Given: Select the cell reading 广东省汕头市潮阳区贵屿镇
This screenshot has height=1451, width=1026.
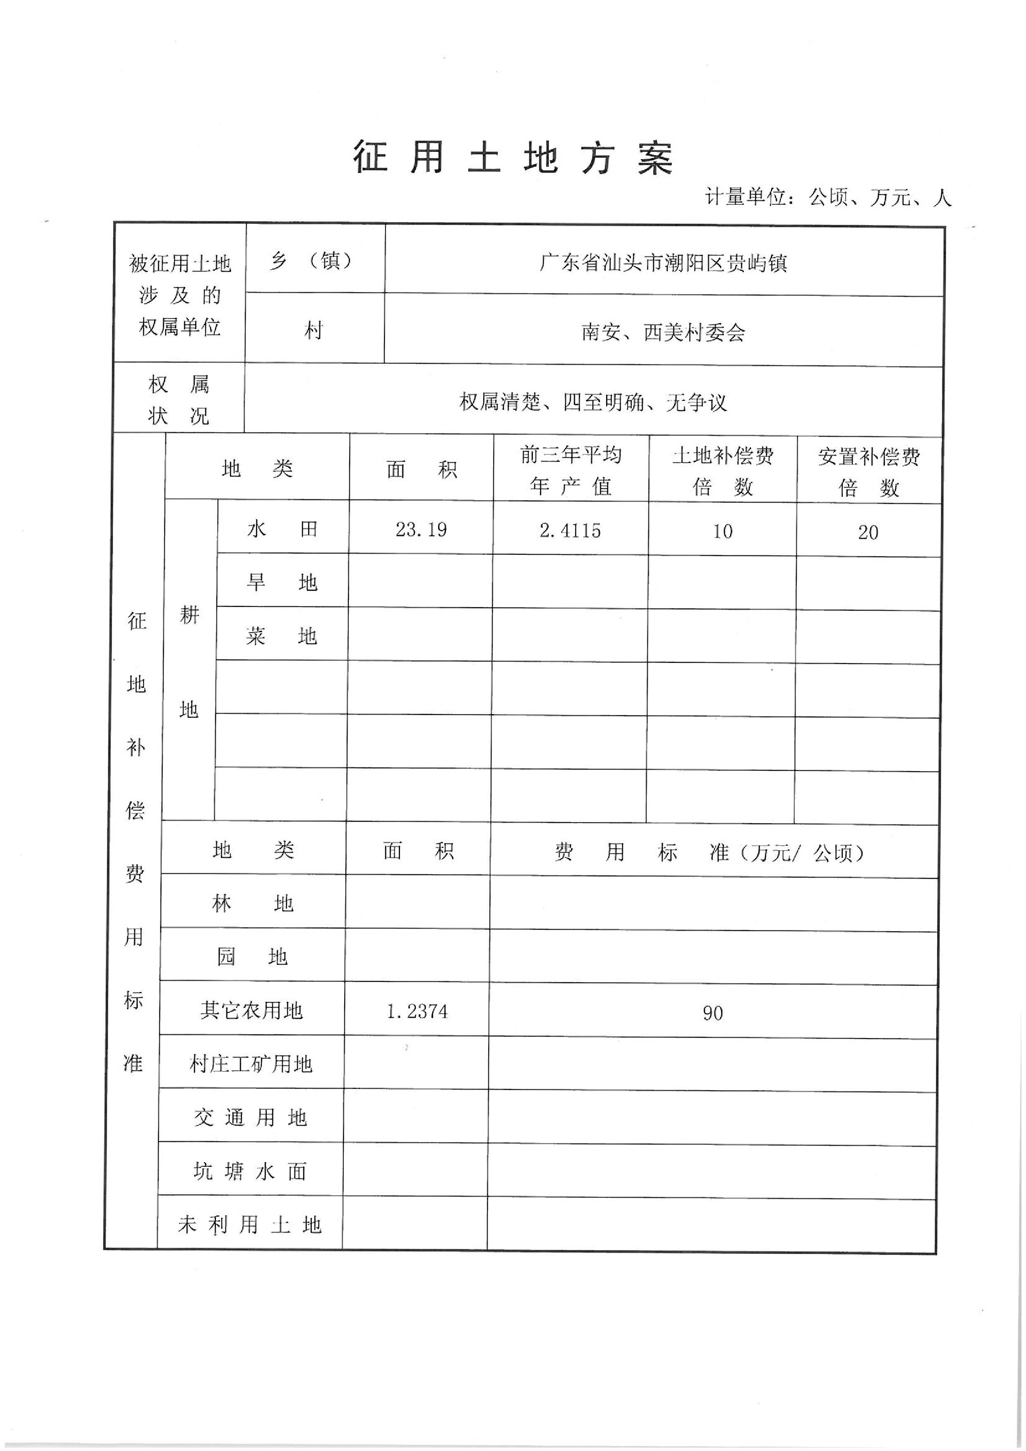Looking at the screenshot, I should tap(663, 262).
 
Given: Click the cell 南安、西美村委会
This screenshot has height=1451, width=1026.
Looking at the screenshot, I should tap(663, 332).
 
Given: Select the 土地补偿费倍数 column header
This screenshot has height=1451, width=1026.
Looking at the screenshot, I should tap(723, 471).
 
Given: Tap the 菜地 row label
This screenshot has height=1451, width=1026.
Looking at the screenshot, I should tap(282, 636).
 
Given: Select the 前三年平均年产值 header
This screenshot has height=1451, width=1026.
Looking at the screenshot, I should tap(571, 470).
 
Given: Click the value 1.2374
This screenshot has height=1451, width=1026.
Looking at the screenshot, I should tap(417, 1012).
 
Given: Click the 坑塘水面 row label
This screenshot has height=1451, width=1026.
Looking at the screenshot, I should tap(250, 1172).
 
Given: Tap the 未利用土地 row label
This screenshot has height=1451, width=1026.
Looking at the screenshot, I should tap(250, 1226).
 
